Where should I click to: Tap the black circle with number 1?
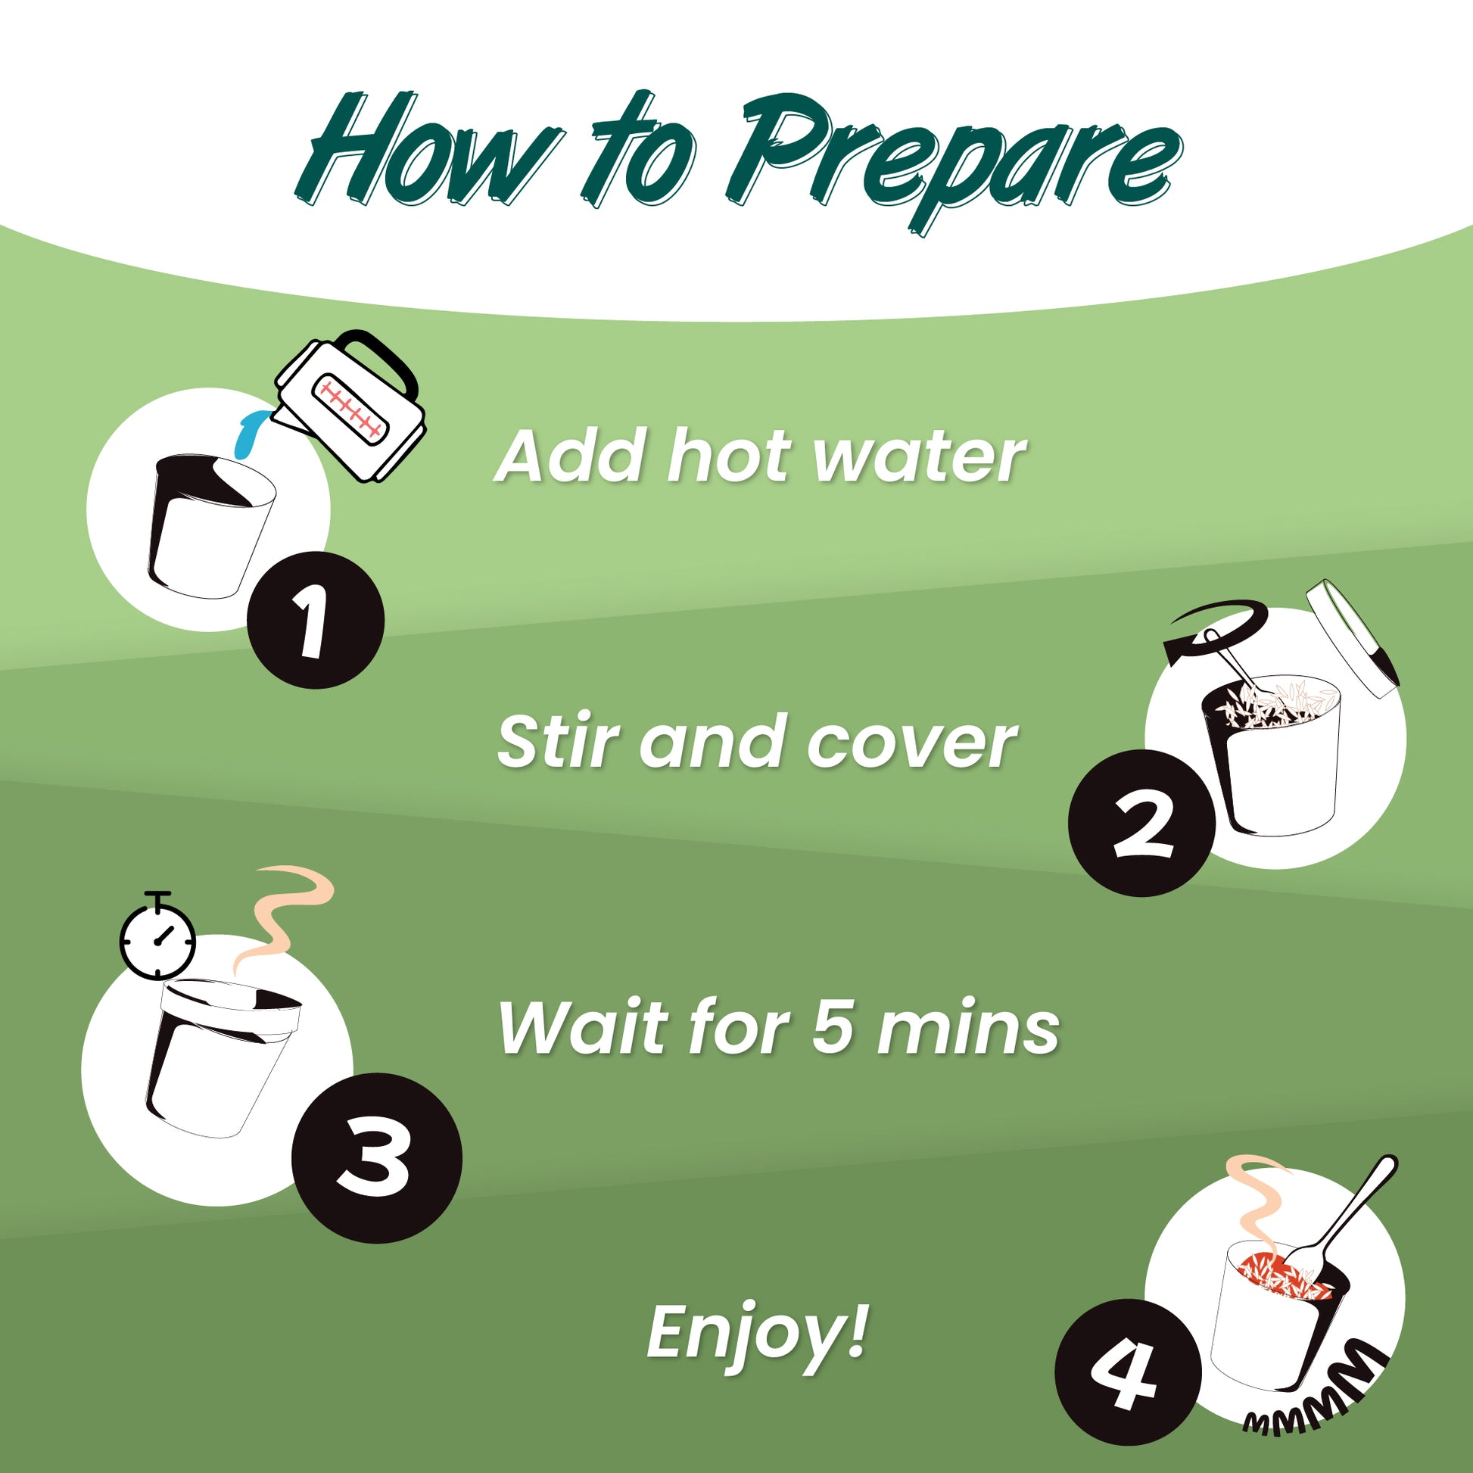315,619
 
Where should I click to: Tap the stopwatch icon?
157,934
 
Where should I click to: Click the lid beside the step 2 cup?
1351,639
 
